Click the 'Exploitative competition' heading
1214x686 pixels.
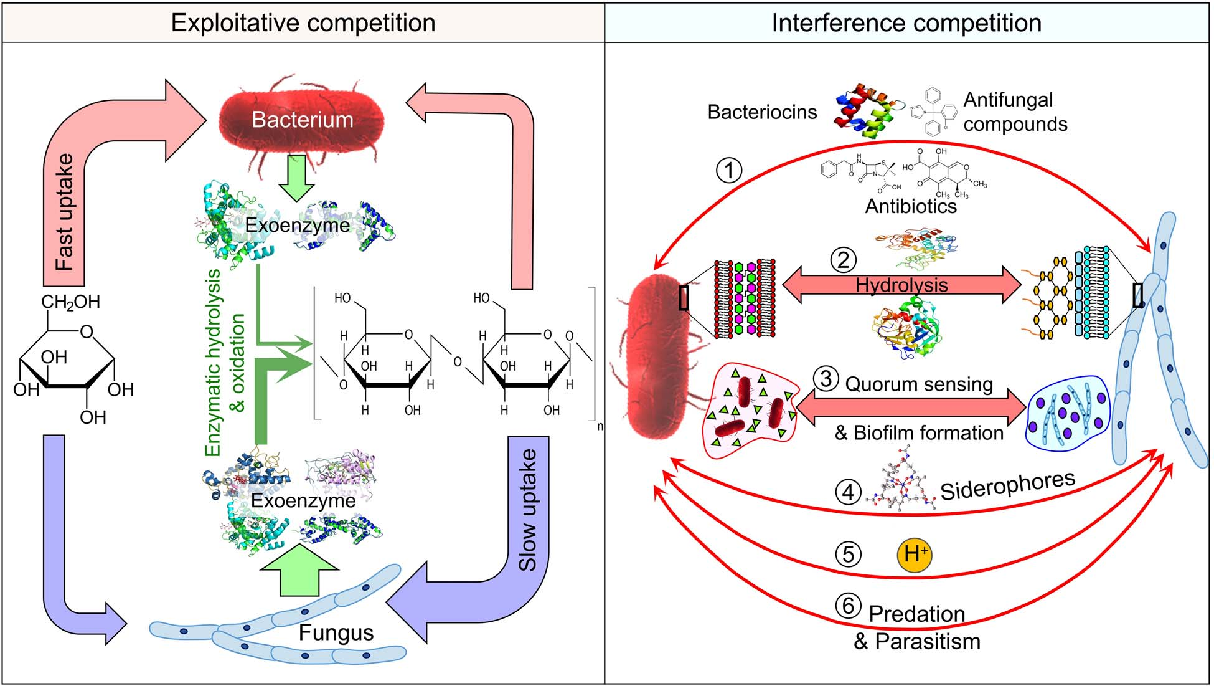click(303, 23)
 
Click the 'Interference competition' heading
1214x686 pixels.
click(906, 23)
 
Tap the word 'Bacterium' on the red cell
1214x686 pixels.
click(303, 119)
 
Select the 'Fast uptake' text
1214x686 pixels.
click(64, 212)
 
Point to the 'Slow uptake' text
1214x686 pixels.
click(528, 510)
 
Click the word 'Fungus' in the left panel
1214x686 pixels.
click(336, 632)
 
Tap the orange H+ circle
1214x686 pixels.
click(915, 554)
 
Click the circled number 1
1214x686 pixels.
click(729, 169)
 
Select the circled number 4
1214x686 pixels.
click(848, 492)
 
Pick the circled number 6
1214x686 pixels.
click(848, 606)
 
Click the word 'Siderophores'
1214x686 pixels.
click(1008, 485)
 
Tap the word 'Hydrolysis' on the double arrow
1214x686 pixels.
click(901, 285)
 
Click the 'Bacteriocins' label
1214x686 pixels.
click(762, 112)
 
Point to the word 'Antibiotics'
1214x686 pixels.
click(911, 206)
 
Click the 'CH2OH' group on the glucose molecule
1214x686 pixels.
click(70, 302)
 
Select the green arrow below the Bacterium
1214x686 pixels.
click(297, 178)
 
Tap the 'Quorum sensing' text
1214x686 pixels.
click(919, 384)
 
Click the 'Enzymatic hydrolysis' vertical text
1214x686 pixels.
click(213, 363)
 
